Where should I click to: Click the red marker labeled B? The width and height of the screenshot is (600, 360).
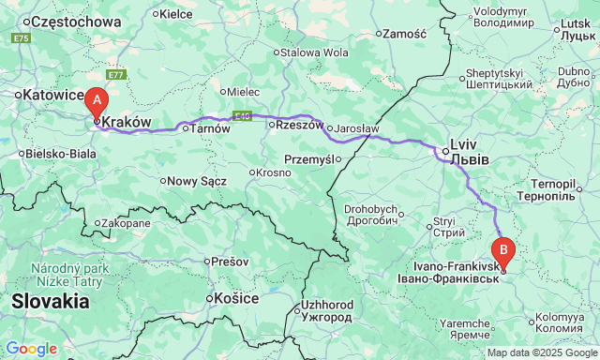point(503,251)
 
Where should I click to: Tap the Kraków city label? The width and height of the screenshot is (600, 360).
point(126,122)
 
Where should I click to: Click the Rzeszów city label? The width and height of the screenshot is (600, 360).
point(296,126)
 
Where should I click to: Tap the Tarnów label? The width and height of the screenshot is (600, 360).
point(211,128)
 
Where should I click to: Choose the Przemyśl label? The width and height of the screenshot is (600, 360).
point(308,159)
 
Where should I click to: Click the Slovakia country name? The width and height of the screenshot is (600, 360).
point(51,302)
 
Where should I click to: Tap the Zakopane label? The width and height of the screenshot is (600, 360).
point(126,223)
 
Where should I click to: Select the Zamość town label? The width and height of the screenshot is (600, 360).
point(404,34)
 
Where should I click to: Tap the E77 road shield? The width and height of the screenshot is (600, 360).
point(114,74)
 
